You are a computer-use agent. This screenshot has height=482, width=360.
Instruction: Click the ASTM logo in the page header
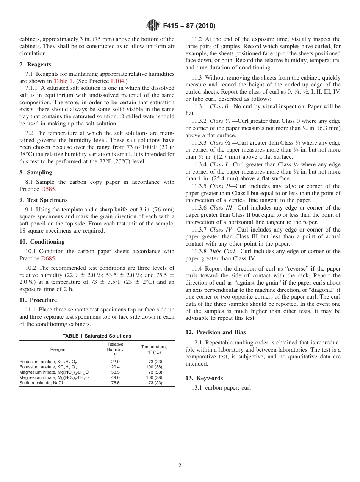(x=153, y=26)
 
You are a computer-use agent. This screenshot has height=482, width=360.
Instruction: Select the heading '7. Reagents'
(x=35, y=64)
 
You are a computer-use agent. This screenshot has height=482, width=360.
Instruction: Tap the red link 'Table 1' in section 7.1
(x=63, y=81)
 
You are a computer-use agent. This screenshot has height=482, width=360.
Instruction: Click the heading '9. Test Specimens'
(x=43, y=200)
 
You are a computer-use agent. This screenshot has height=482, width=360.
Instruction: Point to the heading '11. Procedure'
(x=38, y=300)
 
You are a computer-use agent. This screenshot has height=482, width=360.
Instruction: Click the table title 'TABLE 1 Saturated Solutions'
(x=97, y=336)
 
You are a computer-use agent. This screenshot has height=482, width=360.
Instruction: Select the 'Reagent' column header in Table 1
(x=58, y=349)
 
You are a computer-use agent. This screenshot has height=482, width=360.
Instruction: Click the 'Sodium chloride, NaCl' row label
(x=41, y=383)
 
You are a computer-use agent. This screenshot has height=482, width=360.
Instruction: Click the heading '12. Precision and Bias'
(x=215, y=332)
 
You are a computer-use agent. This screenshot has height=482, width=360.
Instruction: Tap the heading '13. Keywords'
(x=204, y=378)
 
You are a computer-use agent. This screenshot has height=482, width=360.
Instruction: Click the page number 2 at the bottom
(x=180, y=466)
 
